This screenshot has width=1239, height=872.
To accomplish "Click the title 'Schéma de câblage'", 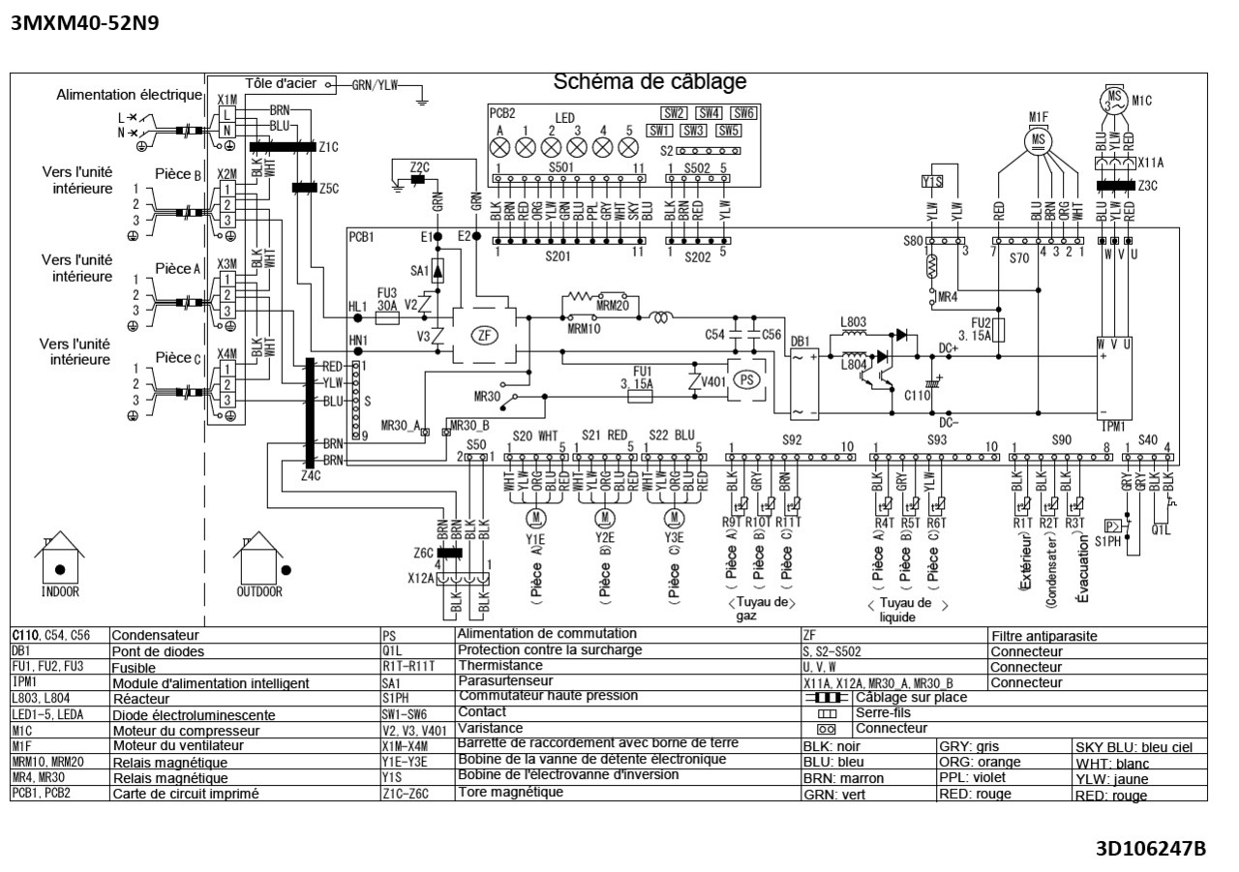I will coord(650,83).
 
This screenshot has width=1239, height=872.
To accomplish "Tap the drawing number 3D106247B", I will coord(1150,849).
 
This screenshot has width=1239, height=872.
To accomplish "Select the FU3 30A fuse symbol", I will coord(387,316).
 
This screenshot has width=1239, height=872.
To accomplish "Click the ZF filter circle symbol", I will coord(482,337).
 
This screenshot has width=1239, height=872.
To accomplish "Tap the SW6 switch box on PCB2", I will coord(742,113).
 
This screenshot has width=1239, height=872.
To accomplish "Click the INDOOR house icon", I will coord(60,563).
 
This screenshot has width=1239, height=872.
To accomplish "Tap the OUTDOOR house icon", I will coord(258,563).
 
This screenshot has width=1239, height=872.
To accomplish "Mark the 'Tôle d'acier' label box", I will coord(281,83).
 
